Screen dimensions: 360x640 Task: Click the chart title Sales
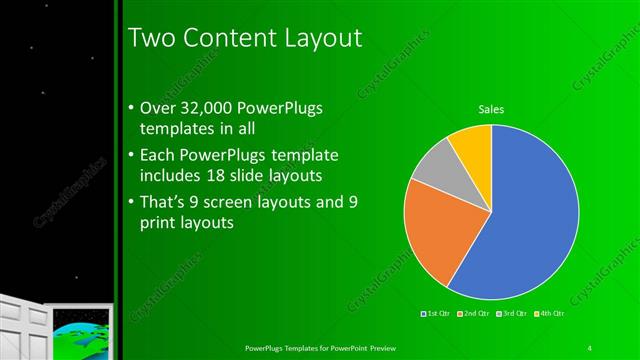[491, 109]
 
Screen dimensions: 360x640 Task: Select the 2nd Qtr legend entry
[475, 314]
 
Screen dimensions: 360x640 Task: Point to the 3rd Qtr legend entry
[513, 314]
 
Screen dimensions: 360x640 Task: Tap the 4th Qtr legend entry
[550, 314]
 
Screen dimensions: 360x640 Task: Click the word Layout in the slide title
[314, 38]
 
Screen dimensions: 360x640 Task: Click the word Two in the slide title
[152, 38]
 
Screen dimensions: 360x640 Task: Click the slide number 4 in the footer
[590, 347]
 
